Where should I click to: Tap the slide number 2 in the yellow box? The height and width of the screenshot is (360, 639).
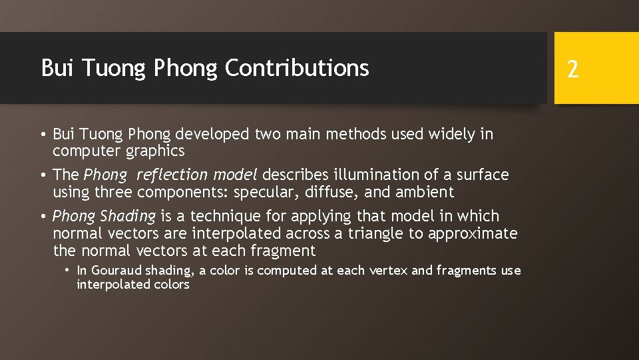(572, 69)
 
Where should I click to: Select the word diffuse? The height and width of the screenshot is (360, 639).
(332, 192)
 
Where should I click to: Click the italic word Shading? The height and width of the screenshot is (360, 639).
(128, 216)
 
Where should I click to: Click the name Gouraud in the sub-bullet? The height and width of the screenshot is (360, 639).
(114, 271)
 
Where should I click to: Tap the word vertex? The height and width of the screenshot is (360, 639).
(389, 271)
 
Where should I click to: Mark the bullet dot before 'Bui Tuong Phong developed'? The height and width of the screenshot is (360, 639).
(43, 135)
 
